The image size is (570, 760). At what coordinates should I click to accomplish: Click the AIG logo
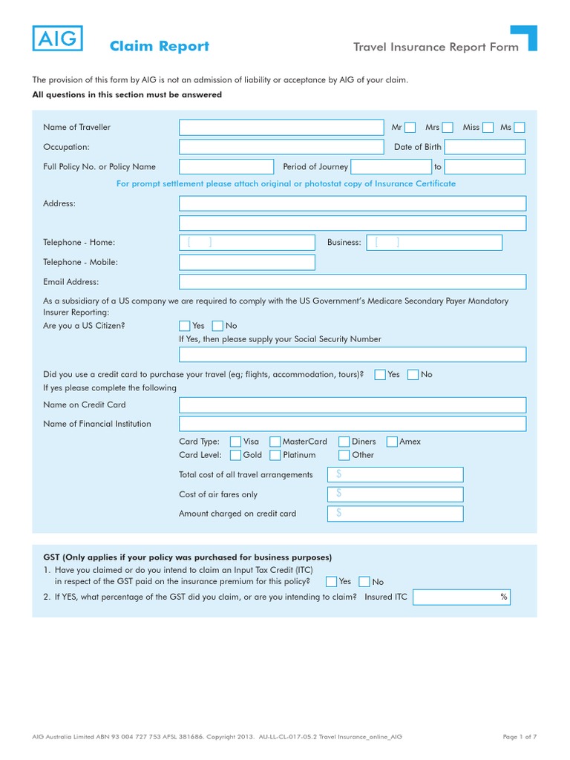pos(57,39)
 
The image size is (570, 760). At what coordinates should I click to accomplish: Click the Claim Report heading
pos(159,47)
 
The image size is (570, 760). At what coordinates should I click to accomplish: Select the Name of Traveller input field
pos(281,128)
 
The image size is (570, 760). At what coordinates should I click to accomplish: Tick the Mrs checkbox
pos(448,128)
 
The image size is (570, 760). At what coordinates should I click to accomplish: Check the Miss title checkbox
pos(488,128)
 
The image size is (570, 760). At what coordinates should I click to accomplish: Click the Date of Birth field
pos(485,147)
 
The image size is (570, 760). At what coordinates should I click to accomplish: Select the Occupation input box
pos(281,147)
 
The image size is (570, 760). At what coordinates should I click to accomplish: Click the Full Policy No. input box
pos(226,167)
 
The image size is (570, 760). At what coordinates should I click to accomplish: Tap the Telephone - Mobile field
pos(247,262)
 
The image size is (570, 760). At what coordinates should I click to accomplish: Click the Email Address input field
pos(353,282)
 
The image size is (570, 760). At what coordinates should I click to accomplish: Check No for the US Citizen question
pos(217,326)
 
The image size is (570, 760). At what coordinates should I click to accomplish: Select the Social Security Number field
pos(353,355)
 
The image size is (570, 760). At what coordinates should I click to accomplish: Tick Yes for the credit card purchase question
pos(380,375)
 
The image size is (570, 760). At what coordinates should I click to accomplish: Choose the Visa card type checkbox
pos(236,442)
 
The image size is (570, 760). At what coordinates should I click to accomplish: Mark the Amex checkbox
pos(392,442)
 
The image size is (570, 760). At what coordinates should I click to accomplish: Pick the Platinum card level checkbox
pos(275,455)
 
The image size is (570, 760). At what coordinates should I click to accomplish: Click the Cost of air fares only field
pos(396,494)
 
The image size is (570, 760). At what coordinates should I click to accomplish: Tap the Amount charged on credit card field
pos(396,514)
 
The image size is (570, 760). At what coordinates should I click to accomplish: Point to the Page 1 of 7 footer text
pos(520,736)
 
